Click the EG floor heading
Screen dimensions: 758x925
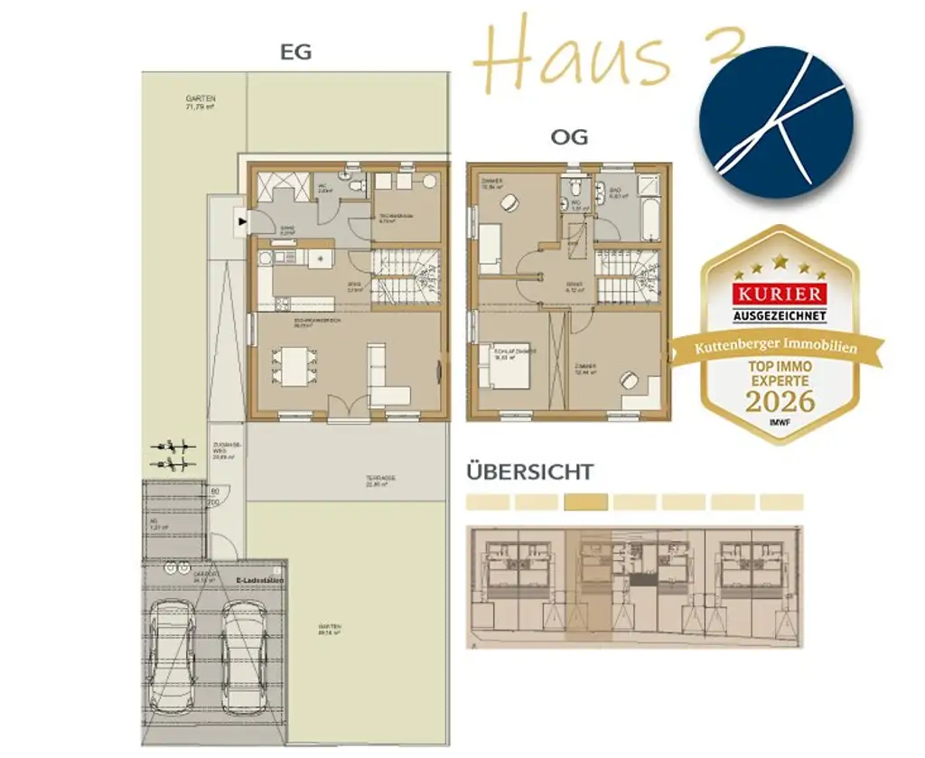tap(295, 51)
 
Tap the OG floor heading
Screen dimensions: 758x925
tap(569, 137)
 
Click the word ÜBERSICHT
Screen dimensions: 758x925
tap(529, 472)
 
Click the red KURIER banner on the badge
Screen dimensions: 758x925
tap(780, 295)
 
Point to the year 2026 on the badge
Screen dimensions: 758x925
tap(780, 400)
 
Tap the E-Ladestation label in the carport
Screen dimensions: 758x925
tap(259, 581)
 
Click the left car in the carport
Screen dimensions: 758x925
tap(171, 654)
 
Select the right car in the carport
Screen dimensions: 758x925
tap(244, 654)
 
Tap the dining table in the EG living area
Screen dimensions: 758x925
tap(294, 365)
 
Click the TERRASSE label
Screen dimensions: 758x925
tap(382, 479)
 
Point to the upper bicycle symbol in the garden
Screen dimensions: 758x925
tap(174, 446)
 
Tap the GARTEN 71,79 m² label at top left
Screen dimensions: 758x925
tap(200, 102)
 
